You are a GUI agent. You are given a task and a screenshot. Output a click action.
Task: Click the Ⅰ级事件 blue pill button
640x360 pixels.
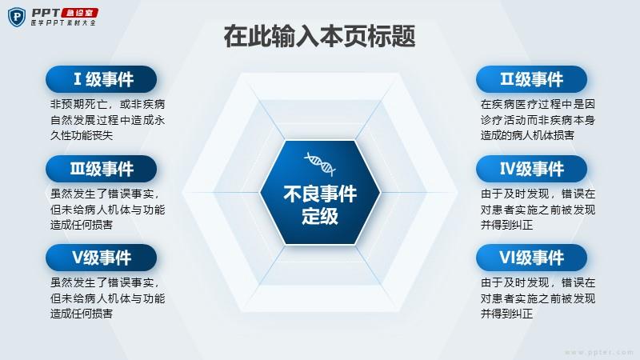click(102, 79)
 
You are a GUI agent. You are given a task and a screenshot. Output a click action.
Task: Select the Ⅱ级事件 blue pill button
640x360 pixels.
click(531, 79)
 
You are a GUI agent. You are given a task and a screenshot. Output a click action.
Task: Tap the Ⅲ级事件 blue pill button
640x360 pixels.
click(102, 169)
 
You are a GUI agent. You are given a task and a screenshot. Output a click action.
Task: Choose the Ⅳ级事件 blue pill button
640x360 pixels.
click(531, 169)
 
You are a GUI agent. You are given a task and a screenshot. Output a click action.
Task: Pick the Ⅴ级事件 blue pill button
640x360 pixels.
click(102, 258)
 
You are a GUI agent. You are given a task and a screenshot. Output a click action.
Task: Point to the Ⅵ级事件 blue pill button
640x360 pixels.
click(531, 258)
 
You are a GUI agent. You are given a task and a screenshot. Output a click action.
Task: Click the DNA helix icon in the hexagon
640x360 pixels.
click(320, 164)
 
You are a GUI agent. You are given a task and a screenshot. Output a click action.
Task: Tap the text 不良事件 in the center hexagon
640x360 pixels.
click(320, 194)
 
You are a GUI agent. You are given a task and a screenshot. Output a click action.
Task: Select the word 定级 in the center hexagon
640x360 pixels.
click(320, 215)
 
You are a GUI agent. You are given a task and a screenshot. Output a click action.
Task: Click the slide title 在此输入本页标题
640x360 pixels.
click(319, 36)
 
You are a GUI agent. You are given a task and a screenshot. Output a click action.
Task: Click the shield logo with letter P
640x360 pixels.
click(17, 17)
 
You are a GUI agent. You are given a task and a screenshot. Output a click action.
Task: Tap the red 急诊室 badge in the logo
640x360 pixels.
click(80, 13)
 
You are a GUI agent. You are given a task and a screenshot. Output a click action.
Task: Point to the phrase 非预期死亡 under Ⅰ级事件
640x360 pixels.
click(78, 104)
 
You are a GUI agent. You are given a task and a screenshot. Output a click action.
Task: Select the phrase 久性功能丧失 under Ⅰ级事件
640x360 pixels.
click(82, 135)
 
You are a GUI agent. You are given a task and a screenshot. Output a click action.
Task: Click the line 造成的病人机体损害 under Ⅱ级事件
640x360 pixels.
click(527, 135)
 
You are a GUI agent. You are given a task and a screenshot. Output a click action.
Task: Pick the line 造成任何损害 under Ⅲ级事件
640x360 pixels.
click(82, 225)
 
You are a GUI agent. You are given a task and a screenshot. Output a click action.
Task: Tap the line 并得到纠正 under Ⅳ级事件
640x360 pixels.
click(506, 225)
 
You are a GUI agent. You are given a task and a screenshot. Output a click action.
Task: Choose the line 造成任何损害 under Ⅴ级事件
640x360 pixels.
click(82, 314)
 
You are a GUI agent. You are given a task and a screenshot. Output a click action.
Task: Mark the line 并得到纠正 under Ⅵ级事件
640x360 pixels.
click(506, 314)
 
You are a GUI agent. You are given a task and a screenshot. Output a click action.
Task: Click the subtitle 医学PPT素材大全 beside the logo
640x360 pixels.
click(63, 23)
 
